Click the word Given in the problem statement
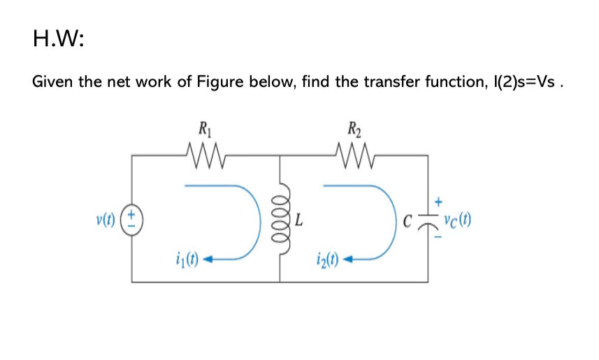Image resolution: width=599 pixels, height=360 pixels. pyautogui.click(x=53, y=82)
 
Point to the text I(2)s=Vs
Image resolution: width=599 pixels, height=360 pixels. pyautogui.click(x=523, y=82)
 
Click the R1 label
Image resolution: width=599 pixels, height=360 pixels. pyautogui.click(x=204, y=129)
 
